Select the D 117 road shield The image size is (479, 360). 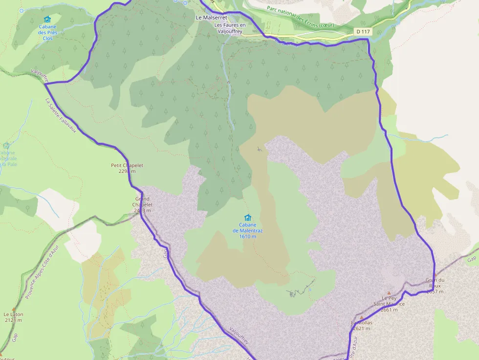362,31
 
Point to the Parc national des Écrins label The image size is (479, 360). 301,17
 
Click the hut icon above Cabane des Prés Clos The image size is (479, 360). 47,20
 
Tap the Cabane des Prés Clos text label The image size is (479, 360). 47,32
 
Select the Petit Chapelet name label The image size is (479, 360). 127,165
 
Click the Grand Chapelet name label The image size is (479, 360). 143,202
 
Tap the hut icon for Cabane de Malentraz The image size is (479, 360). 248,217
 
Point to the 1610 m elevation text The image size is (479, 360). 248,236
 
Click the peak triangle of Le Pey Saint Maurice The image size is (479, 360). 389,293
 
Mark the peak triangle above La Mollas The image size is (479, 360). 362,317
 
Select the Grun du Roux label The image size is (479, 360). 435,283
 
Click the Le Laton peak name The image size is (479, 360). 13,315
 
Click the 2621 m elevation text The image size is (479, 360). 362,328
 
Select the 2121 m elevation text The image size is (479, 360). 13,320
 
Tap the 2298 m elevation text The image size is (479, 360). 127,171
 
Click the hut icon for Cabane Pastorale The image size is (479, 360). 6,146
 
